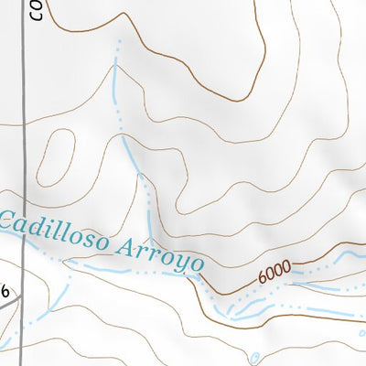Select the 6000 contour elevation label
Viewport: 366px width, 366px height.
click(x=274, y=271)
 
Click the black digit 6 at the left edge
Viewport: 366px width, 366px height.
click(x=5, y=292)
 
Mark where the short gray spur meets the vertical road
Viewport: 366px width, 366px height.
click(x=22, y=303)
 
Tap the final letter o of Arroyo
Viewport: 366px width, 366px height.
click(x=195, y=263)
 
